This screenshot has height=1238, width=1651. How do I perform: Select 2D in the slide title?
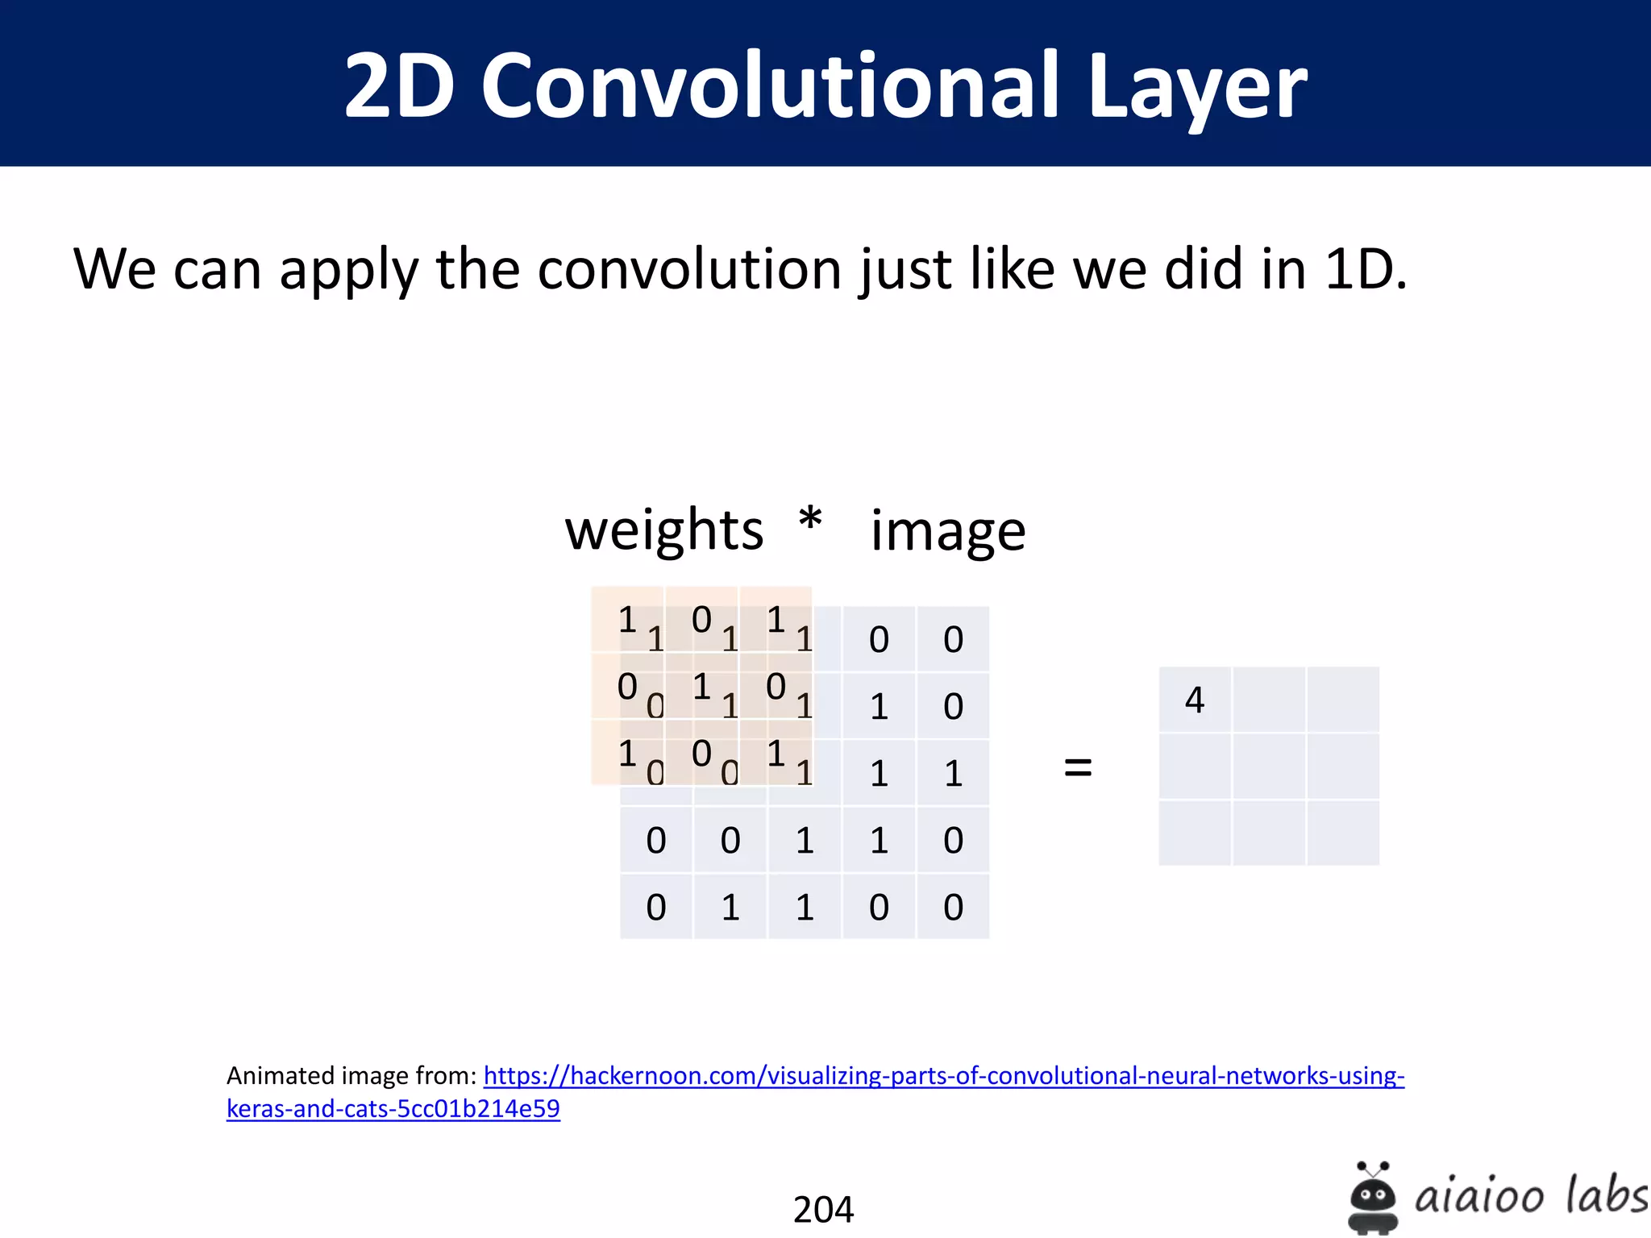tap(399, 85)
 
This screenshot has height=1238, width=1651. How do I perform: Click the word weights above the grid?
tap(663, 532)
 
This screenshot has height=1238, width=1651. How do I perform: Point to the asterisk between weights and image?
tap(810, 521)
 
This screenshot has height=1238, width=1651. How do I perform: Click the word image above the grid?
tap(948, 532)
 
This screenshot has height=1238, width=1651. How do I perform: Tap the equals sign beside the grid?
tap(1078, 766)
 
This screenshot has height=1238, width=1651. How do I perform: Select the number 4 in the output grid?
tap(1195, 700)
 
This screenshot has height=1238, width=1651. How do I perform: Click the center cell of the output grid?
tap(1269, 766)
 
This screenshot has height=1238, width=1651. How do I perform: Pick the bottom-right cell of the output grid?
tap(1343, 833)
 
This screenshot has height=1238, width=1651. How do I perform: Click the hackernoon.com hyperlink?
tap(943, 1076)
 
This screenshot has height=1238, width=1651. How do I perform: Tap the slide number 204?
tap(823, 1209)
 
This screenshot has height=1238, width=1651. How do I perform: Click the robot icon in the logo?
tap(1372, 1197)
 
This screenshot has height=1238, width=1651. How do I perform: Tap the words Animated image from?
tap(351, 1076)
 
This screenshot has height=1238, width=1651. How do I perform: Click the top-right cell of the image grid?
tap(953, 640)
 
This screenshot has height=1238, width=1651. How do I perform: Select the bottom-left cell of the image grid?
tap(656, 908)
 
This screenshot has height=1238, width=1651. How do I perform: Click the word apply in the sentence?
tap(349, 271)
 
